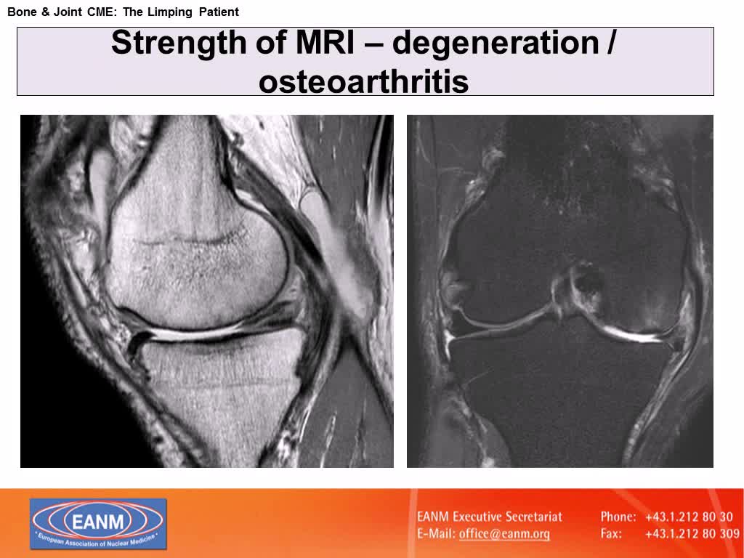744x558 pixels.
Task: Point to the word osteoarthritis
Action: click(x=364, y=81)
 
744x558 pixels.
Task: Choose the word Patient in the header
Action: click(x=216, y=12)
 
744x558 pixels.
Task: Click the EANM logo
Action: click(x=98, y=523)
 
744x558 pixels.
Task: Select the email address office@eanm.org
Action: click(x=504, y=534)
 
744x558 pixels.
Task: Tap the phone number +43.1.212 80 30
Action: click(x=689, y=517)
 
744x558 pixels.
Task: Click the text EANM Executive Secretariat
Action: click(x=490, y=517)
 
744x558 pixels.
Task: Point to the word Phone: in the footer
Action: click(x=618, y=517)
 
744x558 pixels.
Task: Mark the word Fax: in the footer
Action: click(x=611, y=534)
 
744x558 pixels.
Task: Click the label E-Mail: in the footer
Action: click(x=436, y=534)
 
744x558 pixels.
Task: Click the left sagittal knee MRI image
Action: click(x=207, y=291)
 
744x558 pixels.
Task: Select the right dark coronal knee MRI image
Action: click(x=560, y=291)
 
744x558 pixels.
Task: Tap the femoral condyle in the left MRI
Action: click(x=196, y=240)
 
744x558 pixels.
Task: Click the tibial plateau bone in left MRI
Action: click(x=218, y=385)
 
